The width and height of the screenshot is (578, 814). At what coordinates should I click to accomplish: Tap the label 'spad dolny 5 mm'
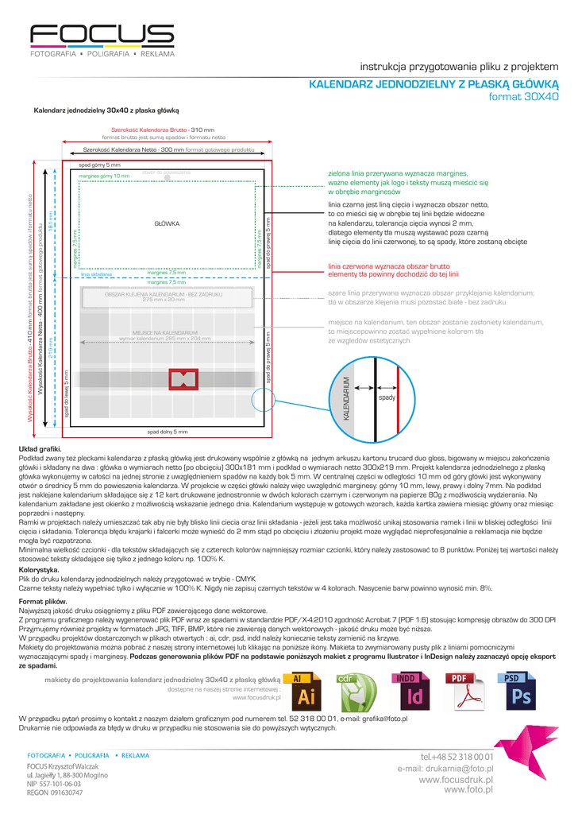(x=168, y=432)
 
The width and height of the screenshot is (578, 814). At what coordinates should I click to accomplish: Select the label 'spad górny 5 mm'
(x=100, y=164)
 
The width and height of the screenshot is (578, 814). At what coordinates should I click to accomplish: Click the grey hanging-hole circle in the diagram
(x=168, y=176)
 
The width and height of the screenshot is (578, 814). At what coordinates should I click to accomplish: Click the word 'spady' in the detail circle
(x=387, y=397)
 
